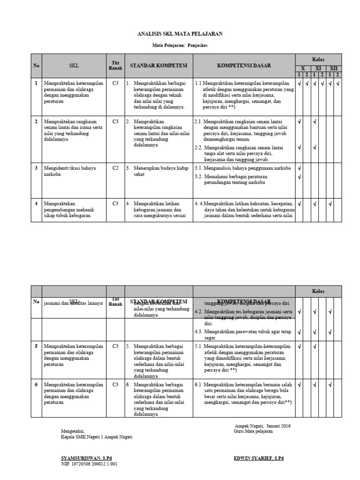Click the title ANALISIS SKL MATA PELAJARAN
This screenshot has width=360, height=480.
point(180,34)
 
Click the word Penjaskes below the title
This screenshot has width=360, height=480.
point(196,45)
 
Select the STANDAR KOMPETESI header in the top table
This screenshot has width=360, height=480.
point(158,66)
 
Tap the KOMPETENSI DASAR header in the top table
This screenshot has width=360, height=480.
point(244,66)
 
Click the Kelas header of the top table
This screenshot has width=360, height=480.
point(318,59)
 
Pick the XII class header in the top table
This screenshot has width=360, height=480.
point(333,68)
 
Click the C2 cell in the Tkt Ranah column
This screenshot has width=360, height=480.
point(115,167)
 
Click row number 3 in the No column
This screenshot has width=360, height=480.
point(36,167)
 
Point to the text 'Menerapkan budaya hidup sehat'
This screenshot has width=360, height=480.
point(156,171)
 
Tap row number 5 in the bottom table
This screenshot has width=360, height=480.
point(36,346)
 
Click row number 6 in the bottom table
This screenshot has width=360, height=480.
point(36,385)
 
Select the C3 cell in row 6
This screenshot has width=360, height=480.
point(115,385)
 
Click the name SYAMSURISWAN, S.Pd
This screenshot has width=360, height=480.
point(86,457)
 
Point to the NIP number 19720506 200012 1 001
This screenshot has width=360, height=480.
point(89,464)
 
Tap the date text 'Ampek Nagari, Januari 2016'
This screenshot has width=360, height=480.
point(262,426)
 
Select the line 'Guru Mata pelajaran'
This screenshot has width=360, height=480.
point(253,431)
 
